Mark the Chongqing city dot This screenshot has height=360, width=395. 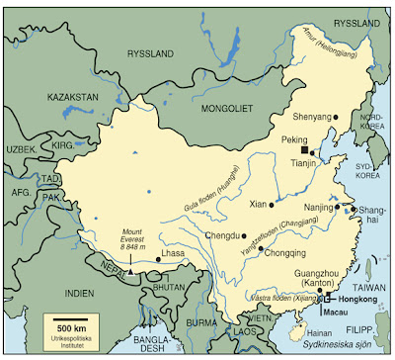coord(260,249)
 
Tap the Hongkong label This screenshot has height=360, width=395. coord(358,297)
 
